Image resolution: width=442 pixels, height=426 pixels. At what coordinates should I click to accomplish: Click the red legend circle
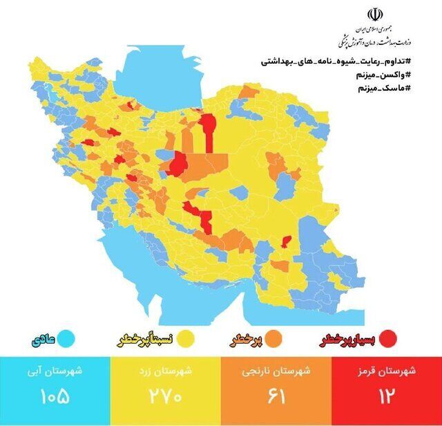click(x=389, y=338)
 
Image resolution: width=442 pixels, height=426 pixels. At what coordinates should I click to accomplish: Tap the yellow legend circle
click(x=184, y=339)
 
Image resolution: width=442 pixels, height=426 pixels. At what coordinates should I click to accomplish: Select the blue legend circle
click(x=66, y=339)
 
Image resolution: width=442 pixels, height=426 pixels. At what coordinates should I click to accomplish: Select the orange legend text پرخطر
click(x=246, y=340)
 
